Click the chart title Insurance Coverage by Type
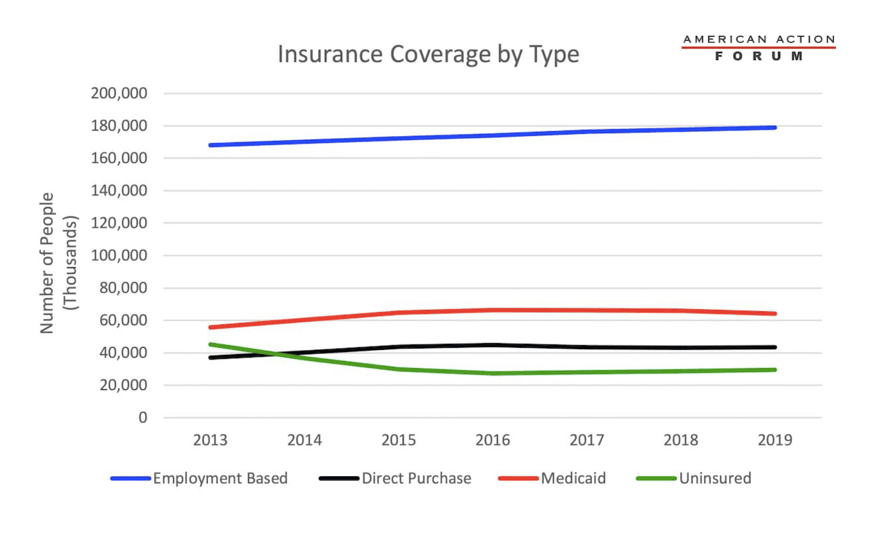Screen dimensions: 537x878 [428, 55]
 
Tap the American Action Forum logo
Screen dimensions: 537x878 [759, 48]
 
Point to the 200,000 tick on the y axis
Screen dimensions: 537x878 [119, 94]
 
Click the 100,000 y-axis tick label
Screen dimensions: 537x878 [119, 256]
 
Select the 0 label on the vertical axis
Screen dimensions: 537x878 [142, 418]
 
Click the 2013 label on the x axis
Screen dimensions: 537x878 [210, 440]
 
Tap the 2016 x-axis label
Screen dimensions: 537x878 [493, 440]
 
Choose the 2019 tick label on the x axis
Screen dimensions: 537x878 [775, 440]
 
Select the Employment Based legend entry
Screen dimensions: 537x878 [220, 478]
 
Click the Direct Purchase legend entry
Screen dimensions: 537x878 [417, 478]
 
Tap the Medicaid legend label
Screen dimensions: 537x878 [573, 478]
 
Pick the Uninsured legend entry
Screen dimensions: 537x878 [715, 478]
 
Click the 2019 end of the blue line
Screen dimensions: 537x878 [775, 128]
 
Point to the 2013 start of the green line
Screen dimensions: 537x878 [211, 344]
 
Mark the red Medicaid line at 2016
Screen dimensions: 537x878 [493, 310]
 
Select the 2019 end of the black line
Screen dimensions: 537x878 [775, 347]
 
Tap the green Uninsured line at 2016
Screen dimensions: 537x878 [493, 373]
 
